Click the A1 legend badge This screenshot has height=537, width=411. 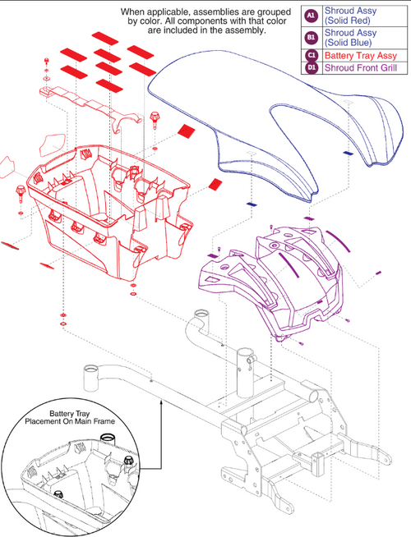312,16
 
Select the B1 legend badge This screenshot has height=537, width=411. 312,36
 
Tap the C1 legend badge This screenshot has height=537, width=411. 312,55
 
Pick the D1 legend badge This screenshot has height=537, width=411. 312,68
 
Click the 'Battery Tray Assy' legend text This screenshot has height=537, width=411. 359,55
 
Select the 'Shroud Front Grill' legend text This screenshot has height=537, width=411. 363,68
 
